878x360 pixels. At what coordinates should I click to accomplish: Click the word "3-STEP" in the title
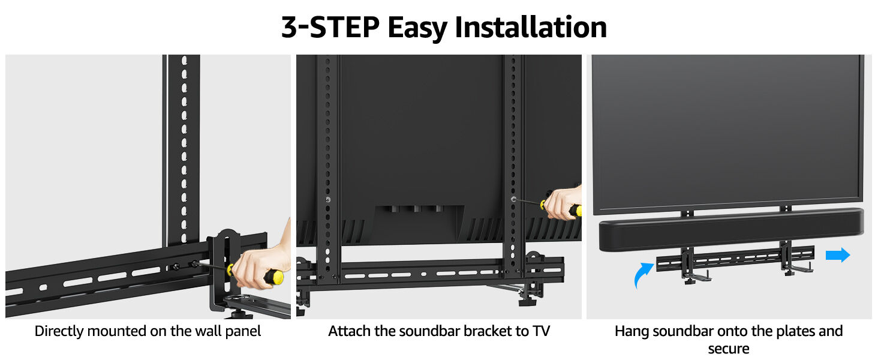pyautogui.click(x=330, y=28)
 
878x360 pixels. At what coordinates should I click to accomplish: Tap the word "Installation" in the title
pyautogui.click(x=531, y=28)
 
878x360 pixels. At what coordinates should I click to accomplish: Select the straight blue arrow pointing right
pyautogui.click(x=838, y=255)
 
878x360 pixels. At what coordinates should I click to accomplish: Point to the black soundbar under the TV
pyautogui.click(x=731, y=229)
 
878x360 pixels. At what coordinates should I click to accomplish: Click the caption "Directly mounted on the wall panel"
pyautogui.click(x=148, y=331)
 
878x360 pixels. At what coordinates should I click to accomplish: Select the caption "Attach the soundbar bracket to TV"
pyautogui.click(x=438, y=331)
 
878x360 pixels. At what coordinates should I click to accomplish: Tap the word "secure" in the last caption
pyautogui.click(x=729, y=349)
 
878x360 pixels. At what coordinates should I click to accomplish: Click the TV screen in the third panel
pyautogui.click(x=728, y=132)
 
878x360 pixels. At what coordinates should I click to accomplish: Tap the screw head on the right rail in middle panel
pyautogui.click(x=513, y=199)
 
